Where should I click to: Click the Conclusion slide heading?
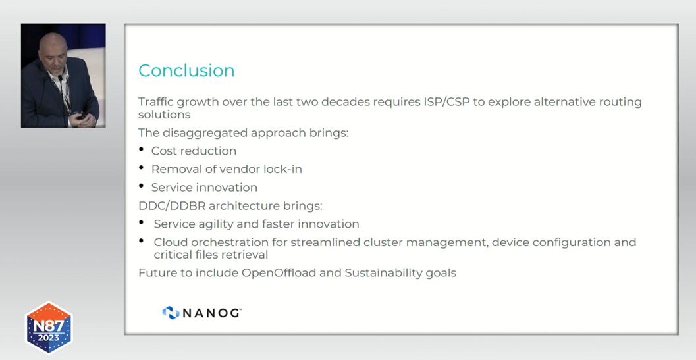click(186, 70)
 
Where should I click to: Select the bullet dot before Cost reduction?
click(142, 150)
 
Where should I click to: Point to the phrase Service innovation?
click(204, 188)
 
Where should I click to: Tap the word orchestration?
click(228, 242)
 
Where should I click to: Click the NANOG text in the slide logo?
click(212, 313)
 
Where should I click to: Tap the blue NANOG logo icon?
click(171, 313)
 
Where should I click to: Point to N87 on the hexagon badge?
click(49, 326)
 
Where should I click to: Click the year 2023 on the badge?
click(49, 338)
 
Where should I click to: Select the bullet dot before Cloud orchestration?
click(142, 241)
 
